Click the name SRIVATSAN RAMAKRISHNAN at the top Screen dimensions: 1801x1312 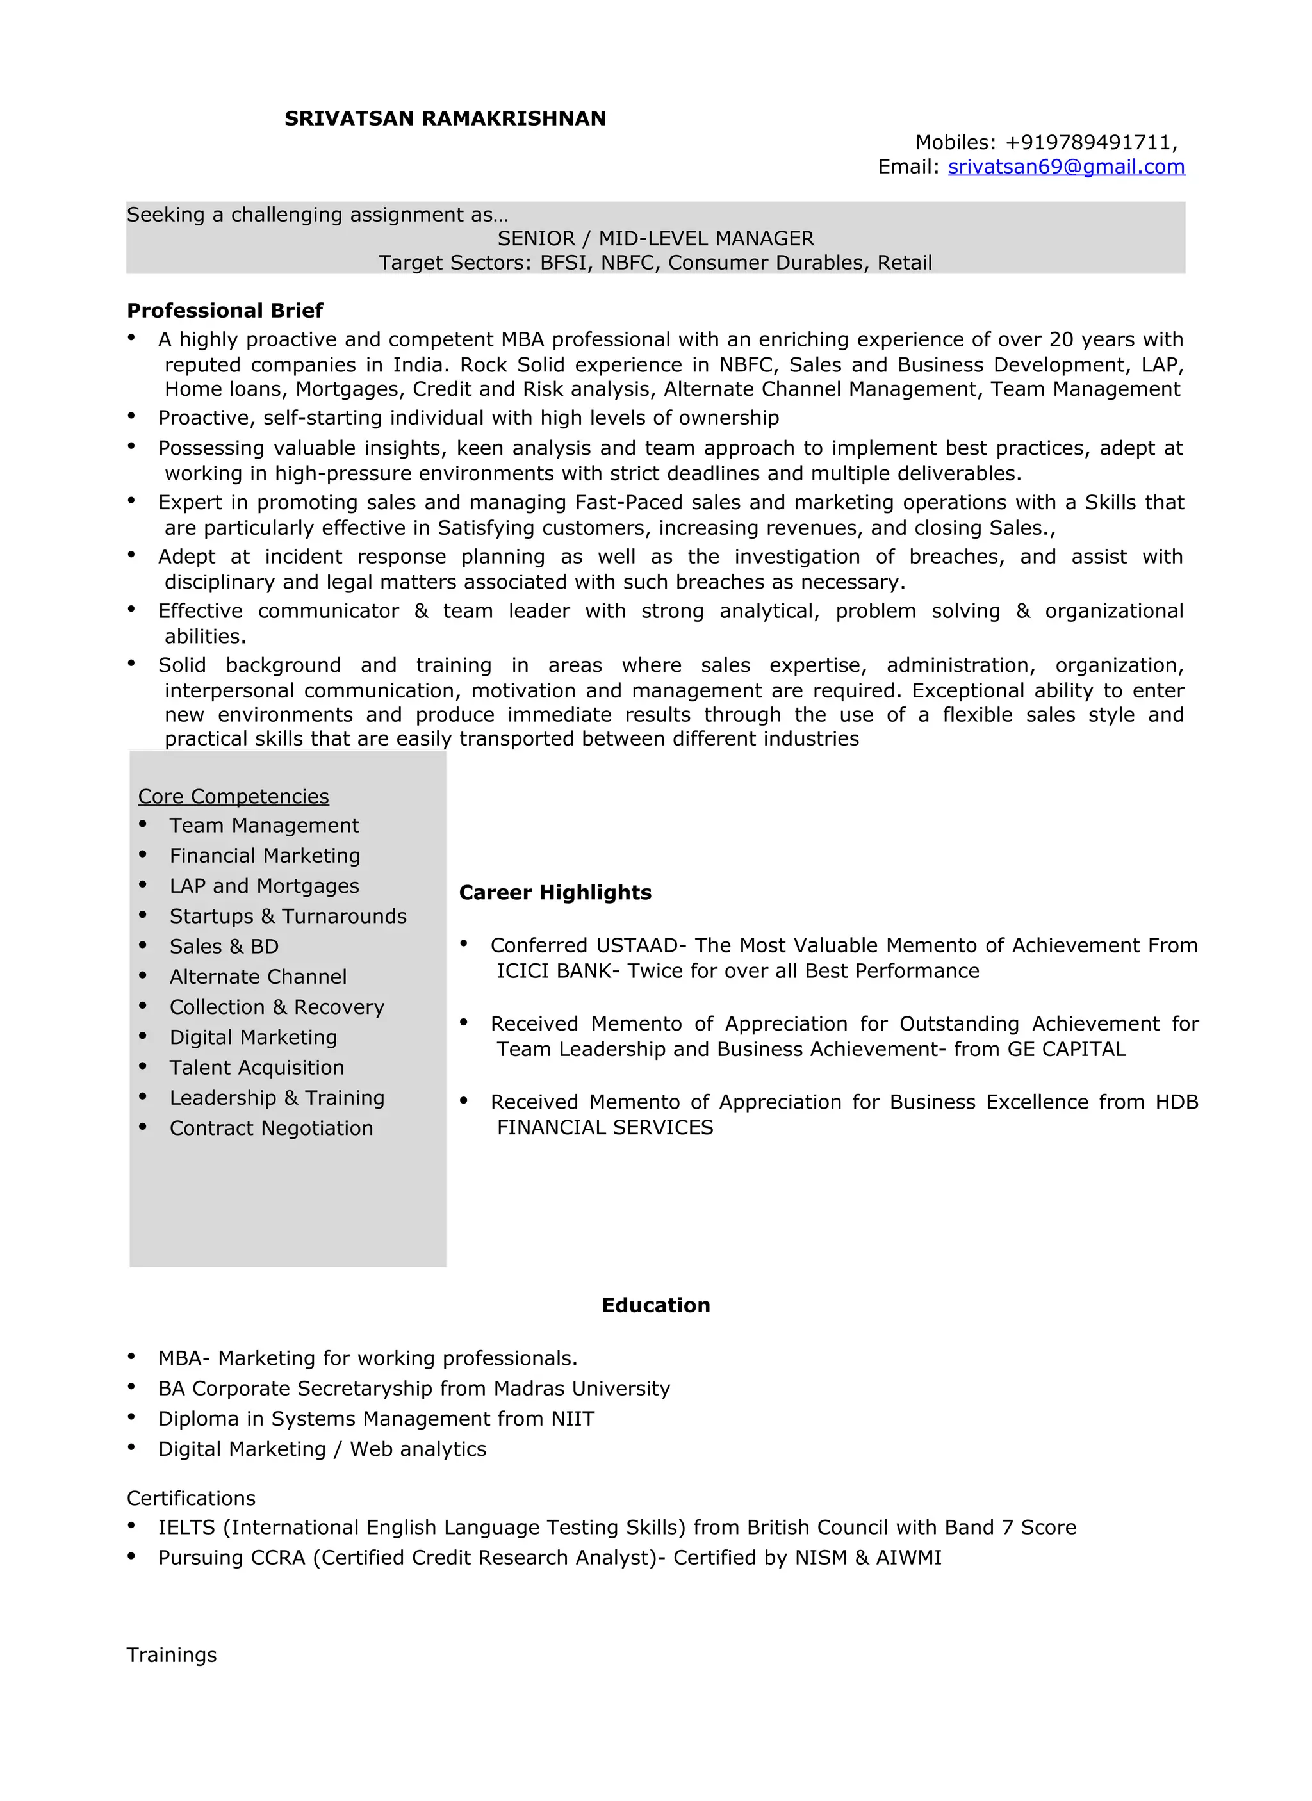coord(445,119)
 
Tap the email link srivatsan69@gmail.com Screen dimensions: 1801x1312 coord(1066,167)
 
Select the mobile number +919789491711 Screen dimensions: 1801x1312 coord(1090,143)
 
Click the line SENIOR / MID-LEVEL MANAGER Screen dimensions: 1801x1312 coord(655,238)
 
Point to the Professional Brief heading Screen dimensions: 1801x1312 coord(225,311)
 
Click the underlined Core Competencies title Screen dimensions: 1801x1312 coord(233,797)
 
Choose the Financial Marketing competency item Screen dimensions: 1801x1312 coord(265,856)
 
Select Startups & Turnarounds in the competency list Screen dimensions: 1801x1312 coord(288,917)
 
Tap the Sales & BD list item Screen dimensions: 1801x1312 coord(224,947)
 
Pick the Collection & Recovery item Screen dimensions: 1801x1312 coord(276,1007)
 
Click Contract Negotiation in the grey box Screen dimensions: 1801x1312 coord(271,1129)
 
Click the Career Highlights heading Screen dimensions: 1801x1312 coord(554,893)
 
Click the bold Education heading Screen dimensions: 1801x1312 coord(655,1305)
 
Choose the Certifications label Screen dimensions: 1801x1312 coord(191,1499)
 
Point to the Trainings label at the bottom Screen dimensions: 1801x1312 coord(172,1655)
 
